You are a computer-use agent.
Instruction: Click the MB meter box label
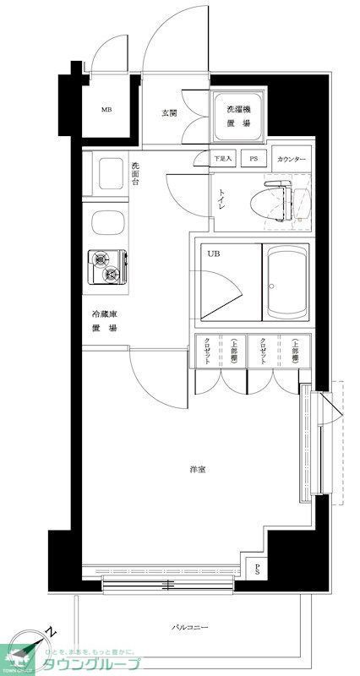[x=106, y=110]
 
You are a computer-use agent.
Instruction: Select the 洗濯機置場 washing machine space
[x=238, y=116]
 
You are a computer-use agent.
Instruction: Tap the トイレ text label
[x=220, y=199]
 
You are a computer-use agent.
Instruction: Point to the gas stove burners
[x=106, y=267]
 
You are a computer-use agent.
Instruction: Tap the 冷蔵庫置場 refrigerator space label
[x=105, y=322]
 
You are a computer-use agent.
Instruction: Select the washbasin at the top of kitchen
[x=107, y=175]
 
